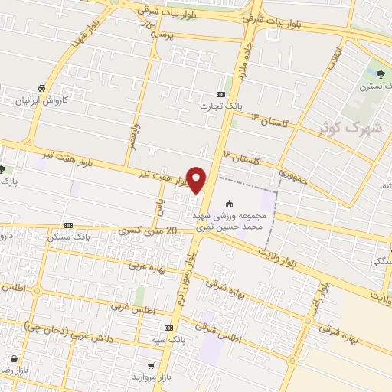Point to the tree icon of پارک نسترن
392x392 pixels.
pos(381,74)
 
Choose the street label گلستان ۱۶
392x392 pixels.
pos(241,157)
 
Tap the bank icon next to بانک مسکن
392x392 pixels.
pos(69,226)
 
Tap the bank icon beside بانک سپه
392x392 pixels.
pos(168,326)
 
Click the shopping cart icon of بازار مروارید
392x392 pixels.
pos(152,367)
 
